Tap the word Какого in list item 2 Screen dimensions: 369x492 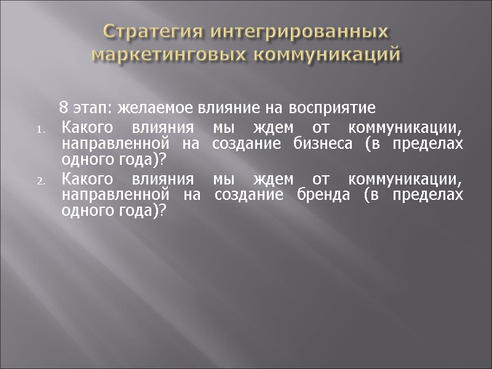coord(87,181)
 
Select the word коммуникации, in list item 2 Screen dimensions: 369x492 coord(405,181)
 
